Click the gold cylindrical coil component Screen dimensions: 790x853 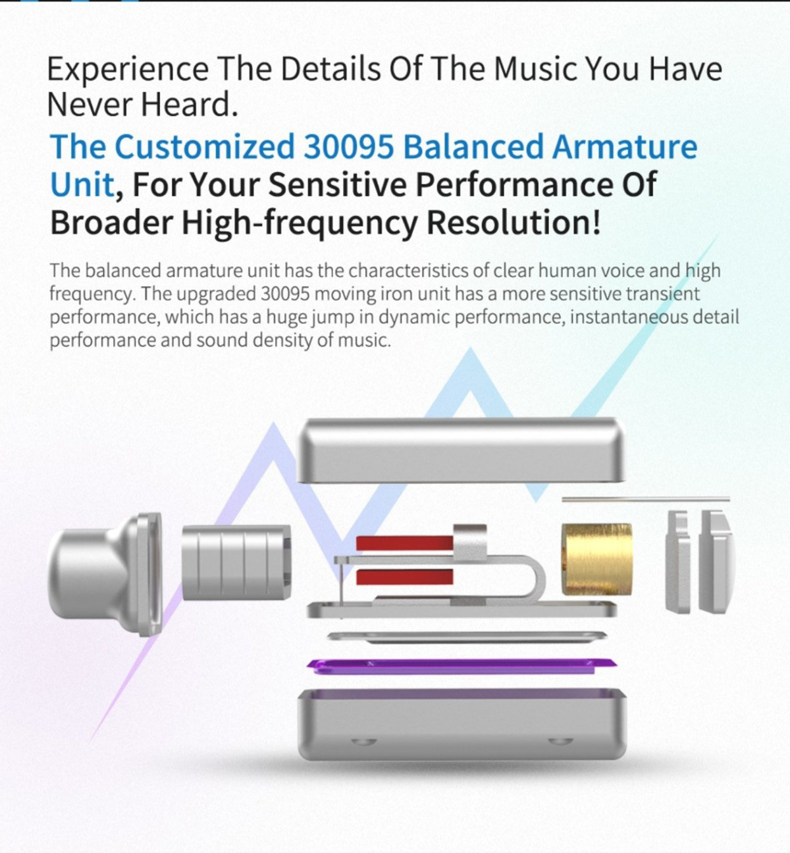[597, 559]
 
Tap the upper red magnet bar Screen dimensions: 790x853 [404, 543]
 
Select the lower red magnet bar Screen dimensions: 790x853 [404, 577]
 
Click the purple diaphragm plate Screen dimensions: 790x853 [461, 666]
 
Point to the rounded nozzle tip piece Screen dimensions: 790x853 [105, 574]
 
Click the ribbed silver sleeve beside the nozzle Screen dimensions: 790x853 [236, 563]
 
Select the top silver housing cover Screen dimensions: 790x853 [461, 450]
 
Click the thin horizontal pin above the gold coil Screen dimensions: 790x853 [646, 499]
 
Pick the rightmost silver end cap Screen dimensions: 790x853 [715, 561]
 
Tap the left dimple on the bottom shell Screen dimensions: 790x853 [363, 741]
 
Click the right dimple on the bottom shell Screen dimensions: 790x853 [561, 741]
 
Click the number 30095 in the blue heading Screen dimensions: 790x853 [348, 146]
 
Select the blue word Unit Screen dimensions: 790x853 [82, 184]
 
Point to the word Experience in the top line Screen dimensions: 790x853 [128, 70]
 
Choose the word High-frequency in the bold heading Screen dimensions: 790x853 [300, 223]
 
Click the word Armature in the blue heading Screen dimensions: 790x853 [625, 146]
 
